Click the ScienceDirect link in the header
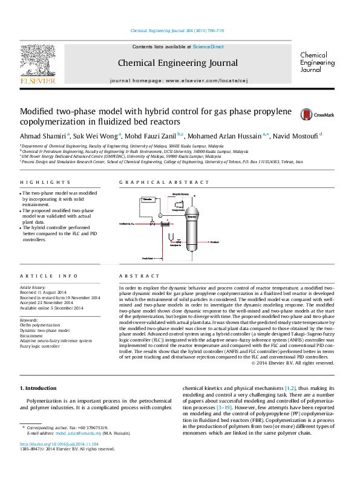tap(208, 47)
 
